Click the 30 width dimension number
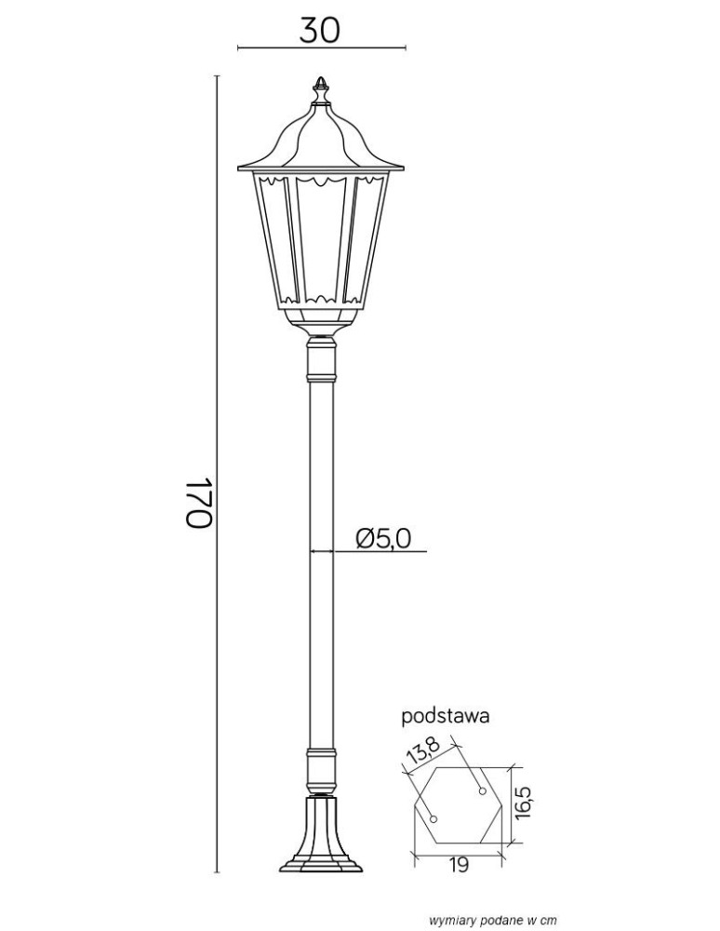[x=320, y=30]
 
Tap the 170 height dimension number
[x=198, y=502]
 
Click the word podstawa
[x=446, y=716]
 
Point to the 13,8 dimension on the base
[x=423, y=751]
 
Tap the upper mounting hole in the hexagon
[x=483, y=790]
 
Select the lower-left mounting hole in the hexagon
[x=433, y=819]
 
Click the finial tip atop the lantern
[x=320, y=78]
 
